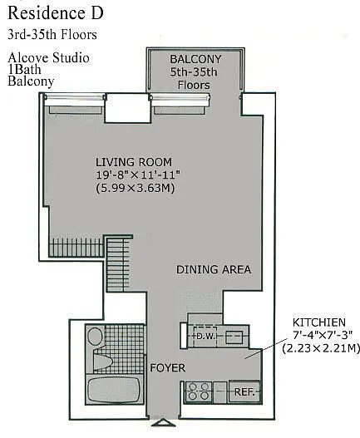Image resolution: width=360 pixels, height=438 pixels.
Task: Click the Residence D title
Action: click(56, 13)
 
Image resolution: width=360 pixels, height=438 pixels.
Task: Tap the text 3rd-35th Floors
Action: click(52, 35)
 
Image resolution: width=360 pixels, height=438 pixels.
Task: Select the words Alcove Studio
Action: click(48, 58)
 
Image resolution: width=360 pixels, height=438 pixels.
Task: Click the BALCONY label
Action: click(195, 59)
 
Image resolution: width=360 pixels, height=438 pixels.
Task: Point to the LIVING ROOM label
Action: click(134, 162)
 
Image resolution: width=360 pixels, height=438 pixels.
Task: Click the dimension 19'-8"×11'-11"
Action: click(138, 175)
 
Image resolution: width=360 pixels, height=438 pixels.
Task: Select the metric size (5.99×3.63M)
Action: click(136, 188)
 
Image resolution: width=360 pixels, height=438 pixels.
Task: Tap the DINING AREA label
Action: click(214, 269)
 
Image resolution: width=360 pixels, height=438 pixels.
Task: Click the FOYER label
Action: click(168, 368)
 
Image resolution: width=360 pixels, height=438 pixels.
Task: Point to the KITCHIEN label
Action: click(319, 322)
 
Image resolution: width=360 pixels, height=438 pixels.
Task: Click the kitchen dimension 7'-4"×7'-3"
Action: click(323, 335)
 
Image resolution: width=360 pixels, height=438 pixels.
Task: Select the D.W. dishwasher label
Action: click(205, 337)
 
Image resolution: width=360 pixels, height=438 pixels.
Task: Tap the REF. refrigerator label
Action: click(244, 392)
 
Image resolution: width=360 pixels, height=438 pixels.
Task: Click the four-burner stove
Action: click(199, 391)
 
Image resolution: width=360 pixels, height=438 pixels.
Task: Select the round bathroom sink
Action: click(95, 336)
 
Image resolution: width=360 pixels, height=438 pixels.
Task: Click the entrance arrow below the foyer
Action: click(164, 423)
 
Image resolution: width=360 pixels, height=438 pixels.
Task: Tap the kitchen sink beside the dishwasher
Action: click(234, 337)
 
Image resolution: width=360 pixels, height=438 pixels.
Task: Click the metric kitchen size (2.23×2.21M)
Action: click(321, 348)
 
